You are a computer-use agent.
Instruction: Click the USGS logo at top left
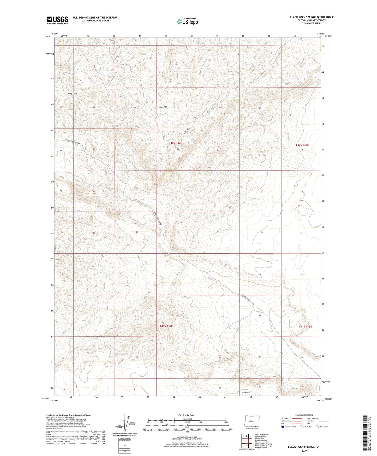[x=57, y=20]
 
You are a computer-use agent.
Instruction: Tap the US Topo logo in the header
[x=187, y=21]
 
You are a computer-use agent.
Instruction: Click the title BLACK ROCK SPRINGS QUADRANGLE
[x=312, y=17]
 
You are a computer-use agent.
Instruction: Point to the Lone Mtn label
[x=163, y=107]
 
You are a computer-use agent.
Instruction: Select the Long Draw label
[x=73, y=93]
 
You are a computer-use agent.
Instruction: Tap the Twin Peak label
[x=246, y=393]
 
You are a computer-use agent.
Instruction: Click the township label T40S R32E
[x=175, y=143]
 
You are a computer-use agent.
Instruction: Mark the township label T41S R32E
[x=166, y=326]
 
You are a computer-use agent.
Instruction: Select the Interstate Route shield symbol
[x=283, y=427]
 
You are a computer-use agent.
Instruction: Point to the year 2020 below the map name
[x=304, y=451]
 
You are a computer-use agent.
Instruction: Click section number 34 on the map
[x=178, y=232]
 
